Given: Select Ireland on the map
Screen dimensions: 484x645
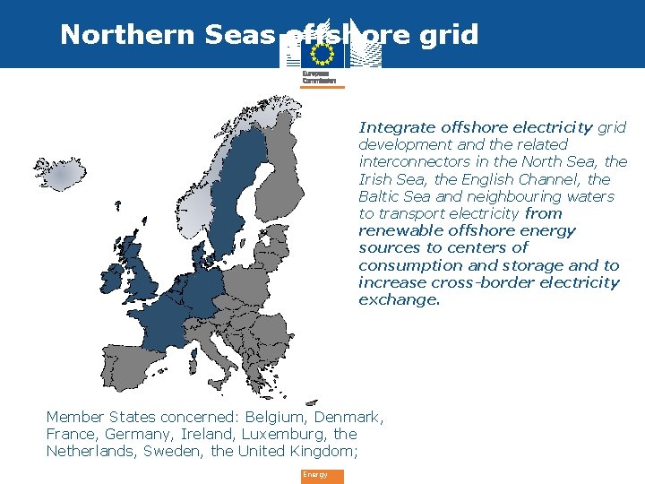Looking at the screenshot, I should point(114,279).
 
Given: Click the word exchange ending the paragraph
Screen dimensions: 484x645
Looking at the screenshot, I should point(400,299).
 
